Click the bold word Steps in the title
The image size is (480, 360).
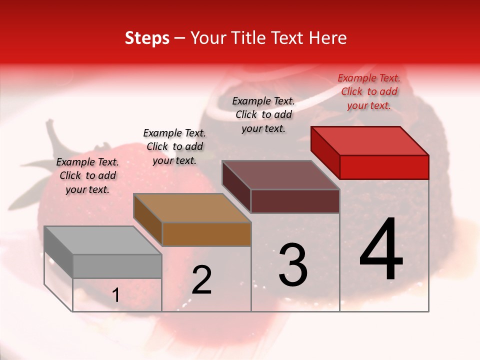point(147,38)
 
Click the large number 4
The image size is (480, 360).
point(381,250)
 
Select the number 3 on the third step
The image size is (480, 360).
point(292,265)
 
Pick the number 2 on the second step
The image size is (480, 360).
point(201,280)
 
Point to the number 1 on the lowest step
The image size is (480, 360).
point(115,295)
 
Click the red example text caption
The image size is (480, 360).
point(369,91)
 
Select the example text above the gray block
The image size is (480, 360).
point(87,175)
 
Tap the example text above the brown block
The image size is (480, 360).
point(174,146)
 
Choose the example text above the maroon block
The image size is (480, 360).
point(263,114)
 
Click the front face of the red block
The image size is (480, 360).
point(384,167)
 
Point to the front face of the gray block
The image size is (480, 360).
point(117,266)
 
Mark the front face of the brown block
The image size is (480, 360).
point(206,234)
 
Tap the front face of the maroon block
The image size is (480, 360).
point(295,201)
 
